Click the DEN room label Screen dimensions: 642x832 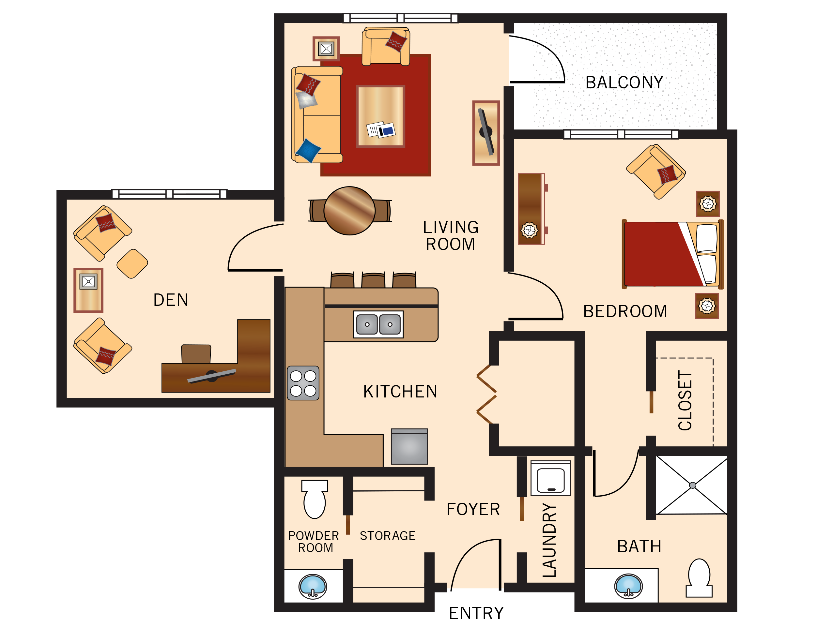[x=171, y=300]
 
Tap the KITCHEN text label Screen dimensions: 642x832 [x=400, y=392]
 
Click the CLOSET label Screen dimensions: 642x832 [x=685, y=401]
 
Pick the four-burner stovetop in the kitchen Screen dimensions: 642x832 [x=303, y=383]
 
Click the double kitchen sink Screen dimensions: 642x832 [x=378, y=324]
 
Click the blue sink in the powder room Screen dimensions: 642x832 [x=313, y=586]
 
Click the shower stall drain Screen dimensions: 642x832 [x=693, y=485]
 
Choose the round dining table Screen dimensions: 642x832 [x=349, y=211]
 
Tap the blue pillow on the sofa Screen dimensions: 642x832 [x=308, y=150]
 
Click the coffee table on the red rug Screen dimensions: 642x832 [x=380, y=116]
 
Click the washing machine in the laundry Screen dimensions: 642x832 [x=550, y=479]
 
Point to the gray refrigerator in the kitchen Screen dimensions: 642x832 [x=409, y=447]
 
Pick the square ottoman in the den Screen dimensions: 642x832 [x=132, y=263]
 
